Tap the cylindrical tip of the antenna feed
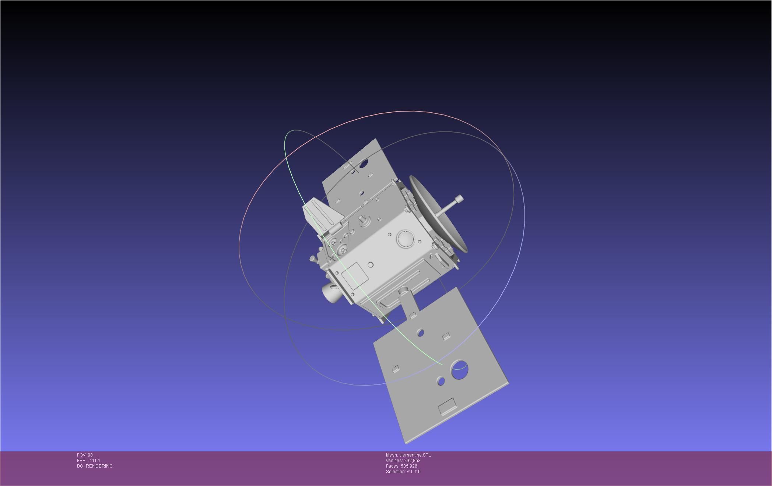tap(459, 200)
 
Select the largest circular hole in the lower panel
tap(459, 370)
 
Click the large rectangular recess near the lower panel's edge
tap(447, 406)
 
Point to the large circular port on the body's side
tap(405, 239)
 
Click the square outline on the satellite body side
tap(355, 276)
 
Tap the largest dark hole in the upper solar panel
tap(364, 163)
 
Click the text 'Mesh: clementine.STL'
tap(408, 455)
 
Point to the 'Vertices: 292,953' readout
tap(403, 461)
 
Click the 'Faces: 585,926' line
tap(401, 466)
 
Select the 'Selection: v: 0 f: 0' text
tap(403, 472)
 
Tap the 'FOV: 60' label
tap(85, 455)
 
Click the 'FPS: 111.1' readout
tap(88, 461)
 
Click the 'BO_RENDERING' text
tap(95, 466)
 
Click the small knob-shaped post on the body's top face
tap(362, 219)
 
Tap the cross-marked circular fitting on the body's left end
tap(343, 251)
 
